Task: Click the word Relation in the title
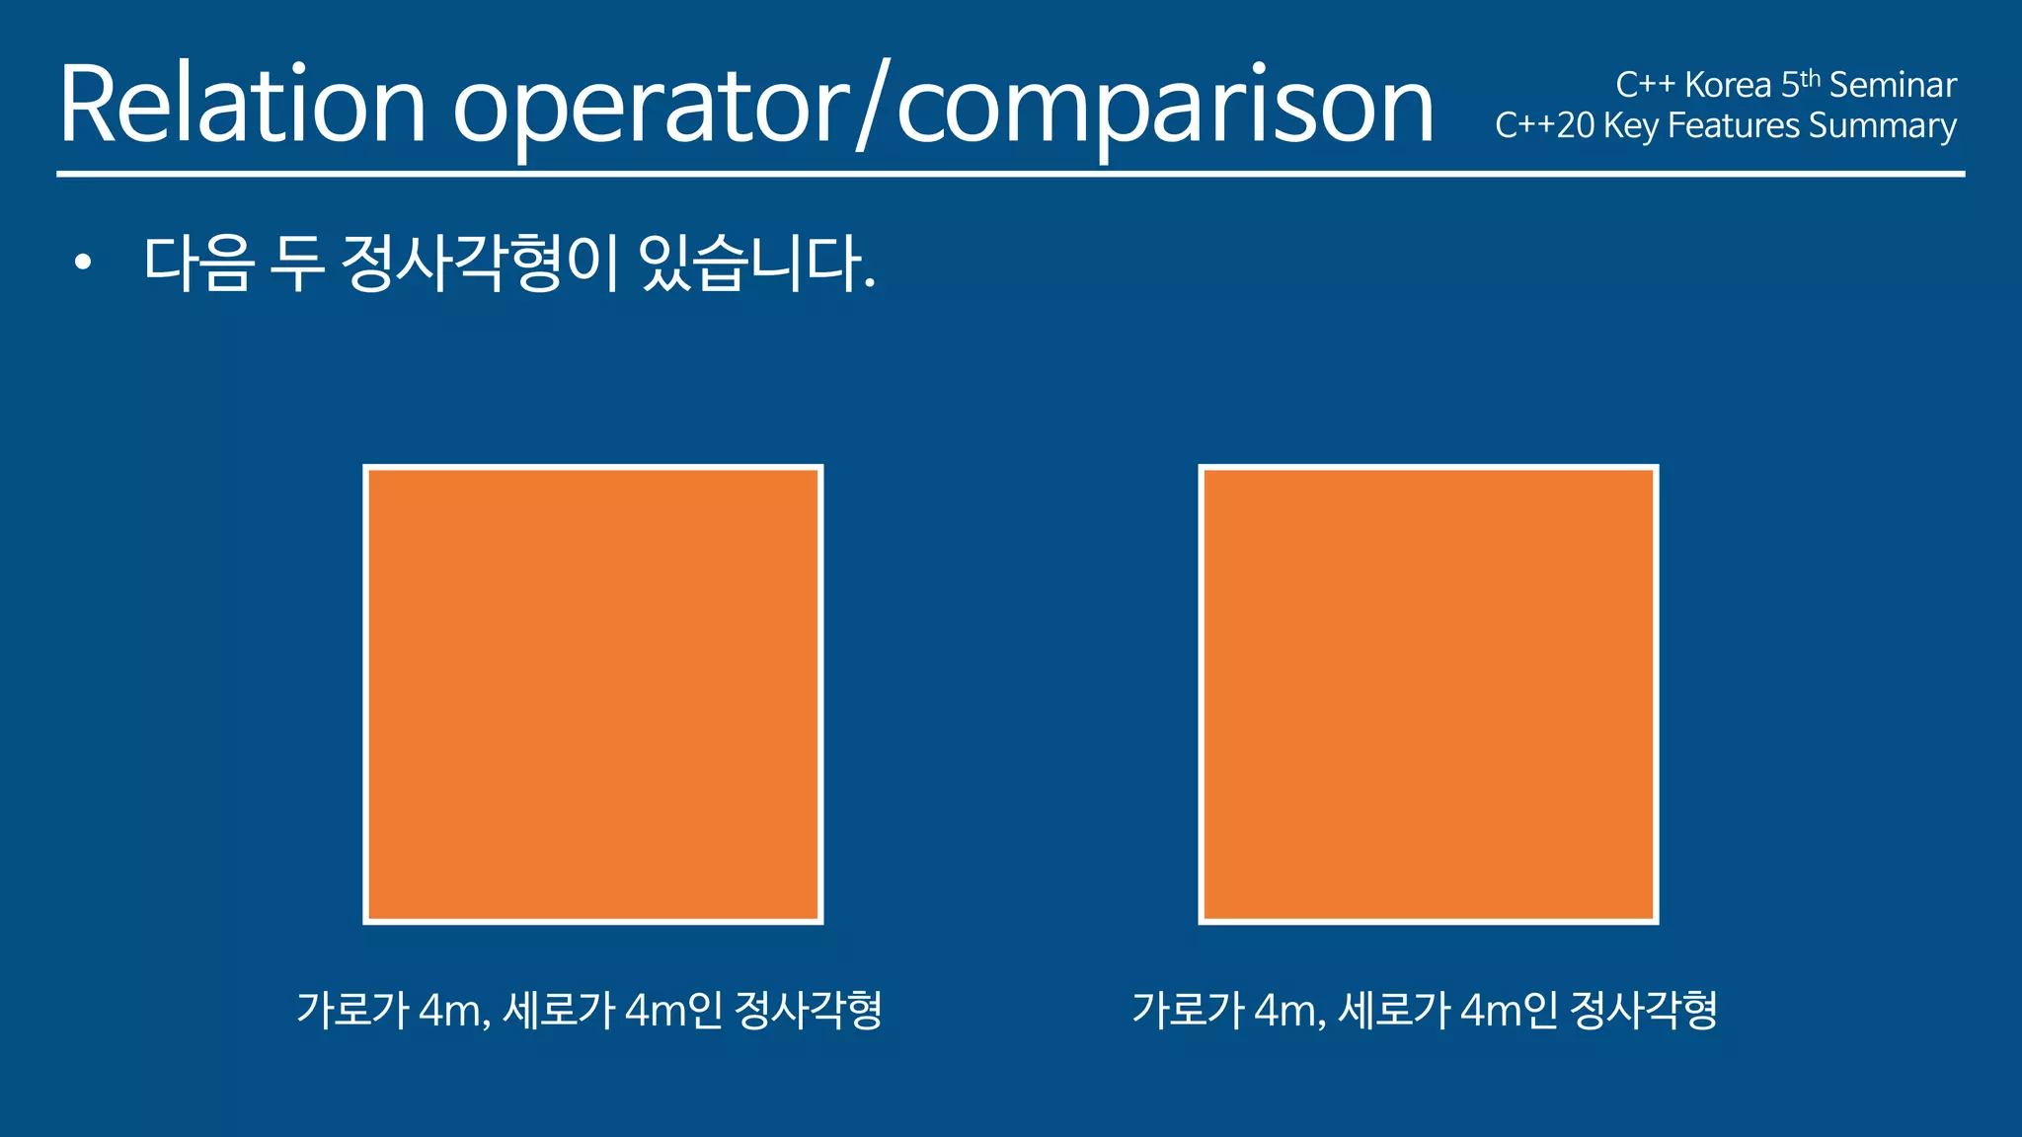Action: pos(242,105)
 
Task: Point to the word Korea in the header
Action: pos(1728,86)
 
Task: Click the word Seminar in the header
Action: pos(1893,86)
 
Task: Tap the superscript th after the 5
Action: pos(1811,78)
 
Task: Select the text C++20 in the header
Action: pos(1544,126)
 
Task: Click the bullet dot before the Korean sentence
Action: pos(83,263)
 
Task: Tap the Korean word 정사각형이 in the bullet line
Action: pos(479,264)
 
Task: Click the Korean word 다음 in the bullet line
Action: pos(198,264)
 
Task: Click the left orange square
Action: pos(593,694)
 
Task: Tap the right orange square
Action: pos(1429,694)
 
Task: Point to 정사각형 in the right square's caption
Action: pos(1644,1010)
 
